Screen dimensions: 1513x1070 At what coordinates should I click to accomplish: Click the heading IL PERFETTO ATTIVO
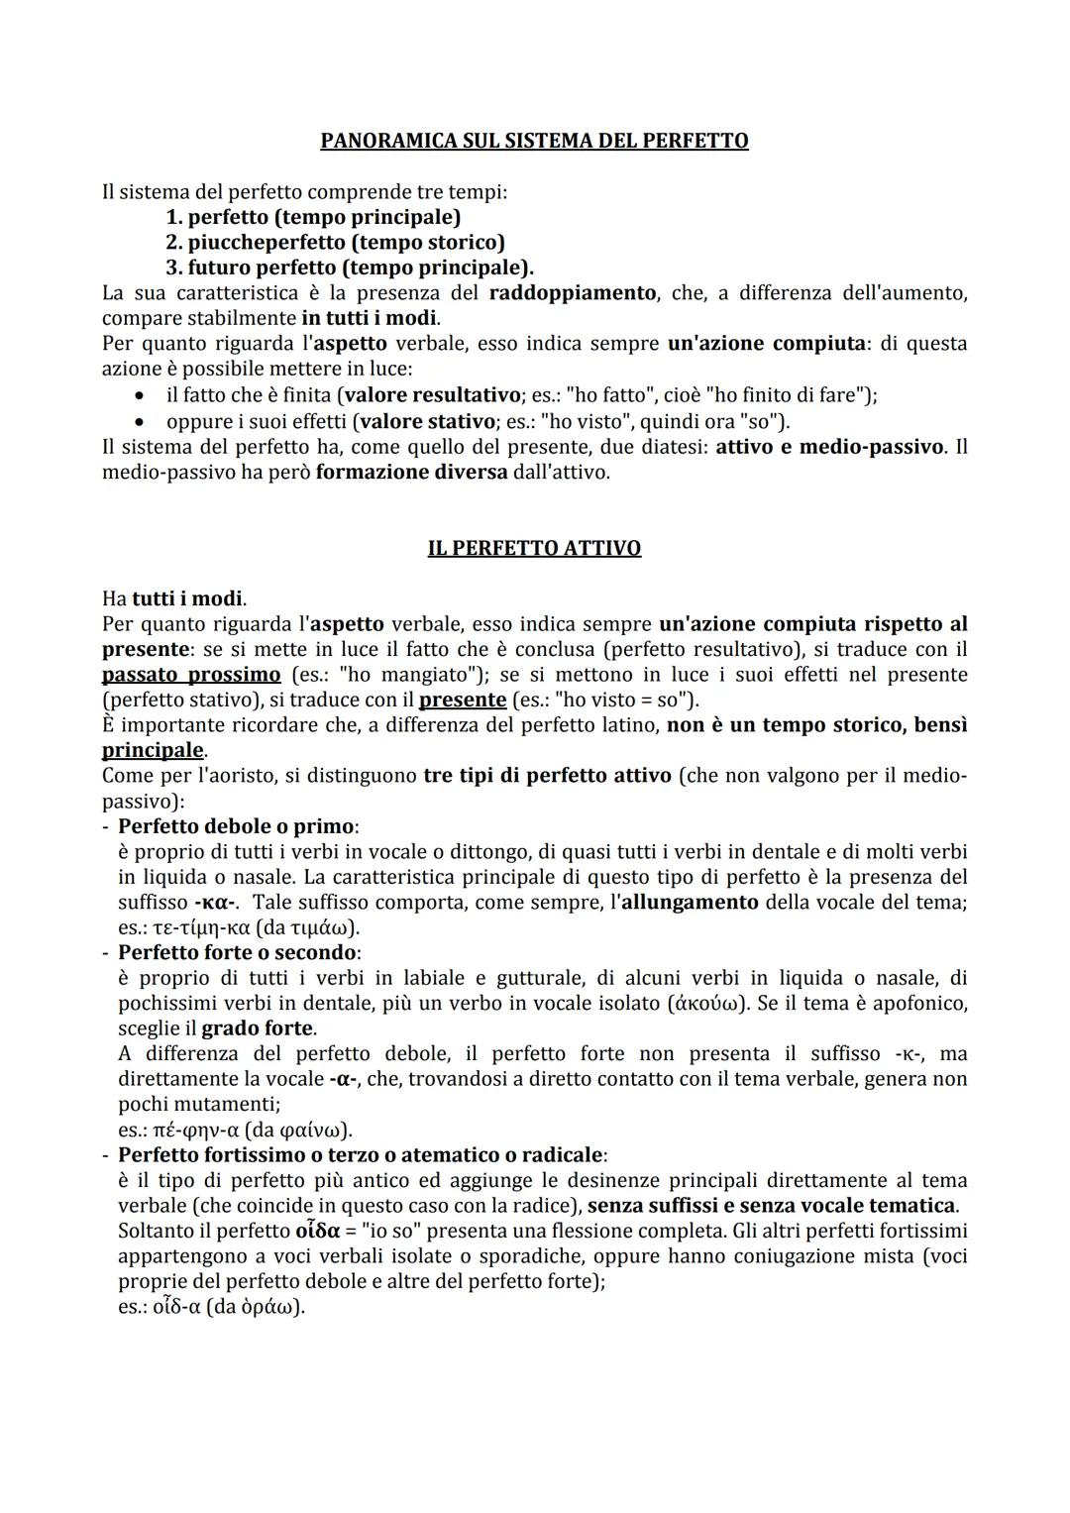[x=534, y=548]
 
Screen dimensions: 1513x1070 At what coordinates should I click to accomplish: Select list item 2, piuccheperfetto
[x=335, y=242]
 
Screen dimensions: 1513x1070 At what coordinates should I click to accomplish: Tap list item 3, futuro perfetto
[x=349, y=268]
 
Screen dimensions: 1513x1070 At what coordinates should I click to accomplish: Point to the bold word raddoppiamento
[x=572, y=293]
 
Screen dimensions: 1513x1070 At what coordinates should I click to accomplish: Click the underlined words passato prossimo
[x=191, y=675]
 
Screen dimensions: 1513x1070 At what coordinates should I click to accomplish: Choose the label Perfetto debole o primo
[x=237, y=826]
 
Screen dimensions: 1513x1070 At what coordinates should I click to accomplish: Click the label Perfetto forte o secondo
[x=237, y=952]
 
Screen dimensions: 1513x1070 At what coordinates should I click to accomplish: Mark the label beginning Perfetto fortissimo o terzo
[x=362, y=1155]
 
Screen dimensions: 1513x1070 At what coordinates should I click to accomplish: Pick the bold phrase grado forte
[x=258, y=1028]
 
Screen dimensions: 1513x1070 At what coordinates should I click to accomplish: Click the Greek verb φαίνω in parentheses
[x=310, y=1131]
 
